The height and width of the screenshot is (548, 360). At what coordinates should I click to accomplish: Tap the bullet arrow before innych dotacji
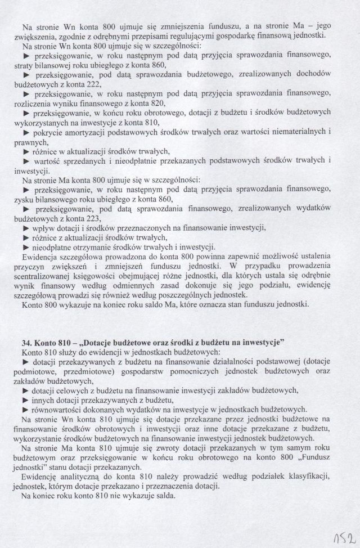[25, 399]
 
